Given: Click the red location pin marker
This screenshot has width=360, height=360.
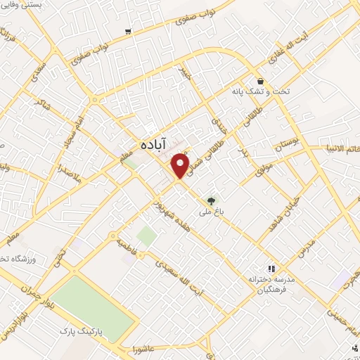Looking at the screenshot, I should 181,164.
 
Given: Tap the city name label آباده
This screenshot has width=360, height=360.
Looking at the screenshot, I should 154,141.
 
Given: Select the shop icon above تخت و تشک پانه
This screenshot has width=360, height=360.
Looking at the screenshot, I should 260,81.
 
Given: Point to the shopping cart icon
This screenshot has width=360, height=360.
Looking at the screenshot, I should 127,31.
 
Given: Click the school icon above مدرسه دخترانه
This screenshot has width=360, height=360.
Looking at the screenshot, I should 271,268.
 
